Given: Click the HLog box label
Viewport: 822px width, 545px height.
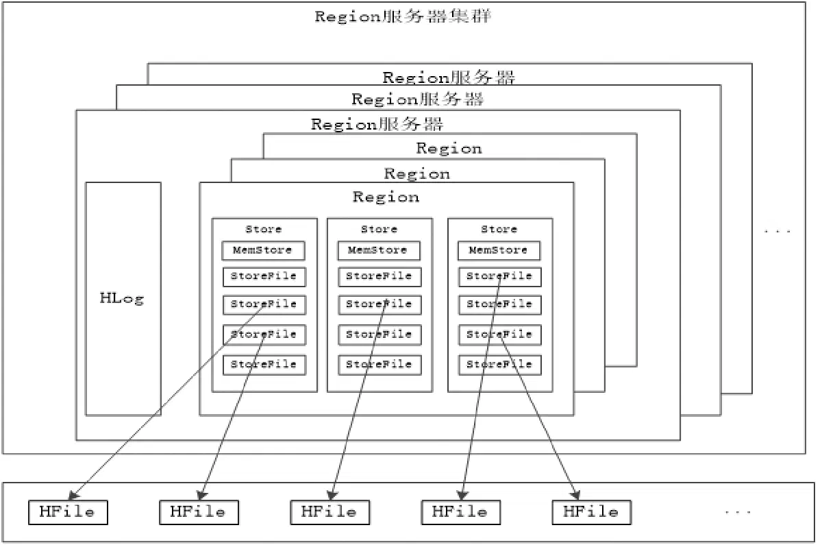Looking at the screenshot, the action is (122, 298).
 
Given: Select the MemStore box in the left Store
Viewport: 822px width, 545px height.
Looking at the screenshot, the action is (263, 250).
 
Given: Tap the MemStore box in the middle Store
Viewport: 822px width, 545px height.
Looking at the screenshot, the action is (379, 250).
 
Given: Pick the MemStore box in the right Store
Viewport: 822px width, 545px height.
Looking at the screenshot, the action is (499, 250).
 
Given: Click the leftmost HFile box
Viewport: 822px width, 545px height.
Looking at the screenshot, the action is (68, 512).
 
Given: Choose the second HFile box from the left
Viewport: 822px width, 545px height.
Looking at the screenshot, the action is (199, 512).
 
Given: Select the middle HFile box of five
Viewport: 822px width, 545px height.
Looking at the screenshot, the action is (330, 512).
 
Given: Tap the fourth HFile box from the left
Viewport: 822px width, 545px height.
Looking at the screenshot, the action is (461, 512).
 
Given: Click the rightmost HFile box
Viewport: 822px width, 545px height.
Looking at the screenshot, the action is (592, 512).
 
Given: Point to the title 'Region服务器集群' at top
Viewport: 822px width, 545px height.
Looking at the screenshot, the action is (403, 16).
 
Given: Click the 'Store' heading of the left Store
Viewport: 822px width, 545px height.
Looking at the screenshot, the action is (264, 229).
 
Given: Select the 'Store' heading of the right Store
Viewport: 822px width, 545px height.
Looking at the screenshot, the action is (499, 229).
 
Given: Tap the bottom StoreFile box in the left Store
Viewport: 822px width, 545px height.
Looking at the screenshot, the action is (264, 365).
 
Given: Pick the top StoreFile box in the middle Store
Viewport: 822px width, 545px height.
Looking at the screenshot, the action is (379, 276).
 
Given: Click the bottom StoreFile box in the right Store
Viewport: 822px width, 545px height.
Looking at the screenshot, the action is (500, 365).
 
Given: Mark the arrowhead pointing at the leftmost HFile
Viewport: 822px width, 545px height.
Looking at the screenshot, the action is (73, 496).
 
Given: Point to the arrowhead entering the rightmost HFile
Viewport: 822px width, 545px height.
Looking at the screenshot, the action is (576, 494).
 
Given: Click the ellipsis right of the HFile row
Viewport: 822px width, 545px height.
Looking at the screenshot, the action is (738, 512).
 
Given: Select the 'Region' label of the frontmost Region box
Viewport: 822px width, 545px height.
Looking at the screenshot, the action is (386, 197).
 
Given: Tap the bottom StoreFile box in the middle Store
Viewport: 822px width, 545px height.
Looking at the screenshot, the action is (379, 365).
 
